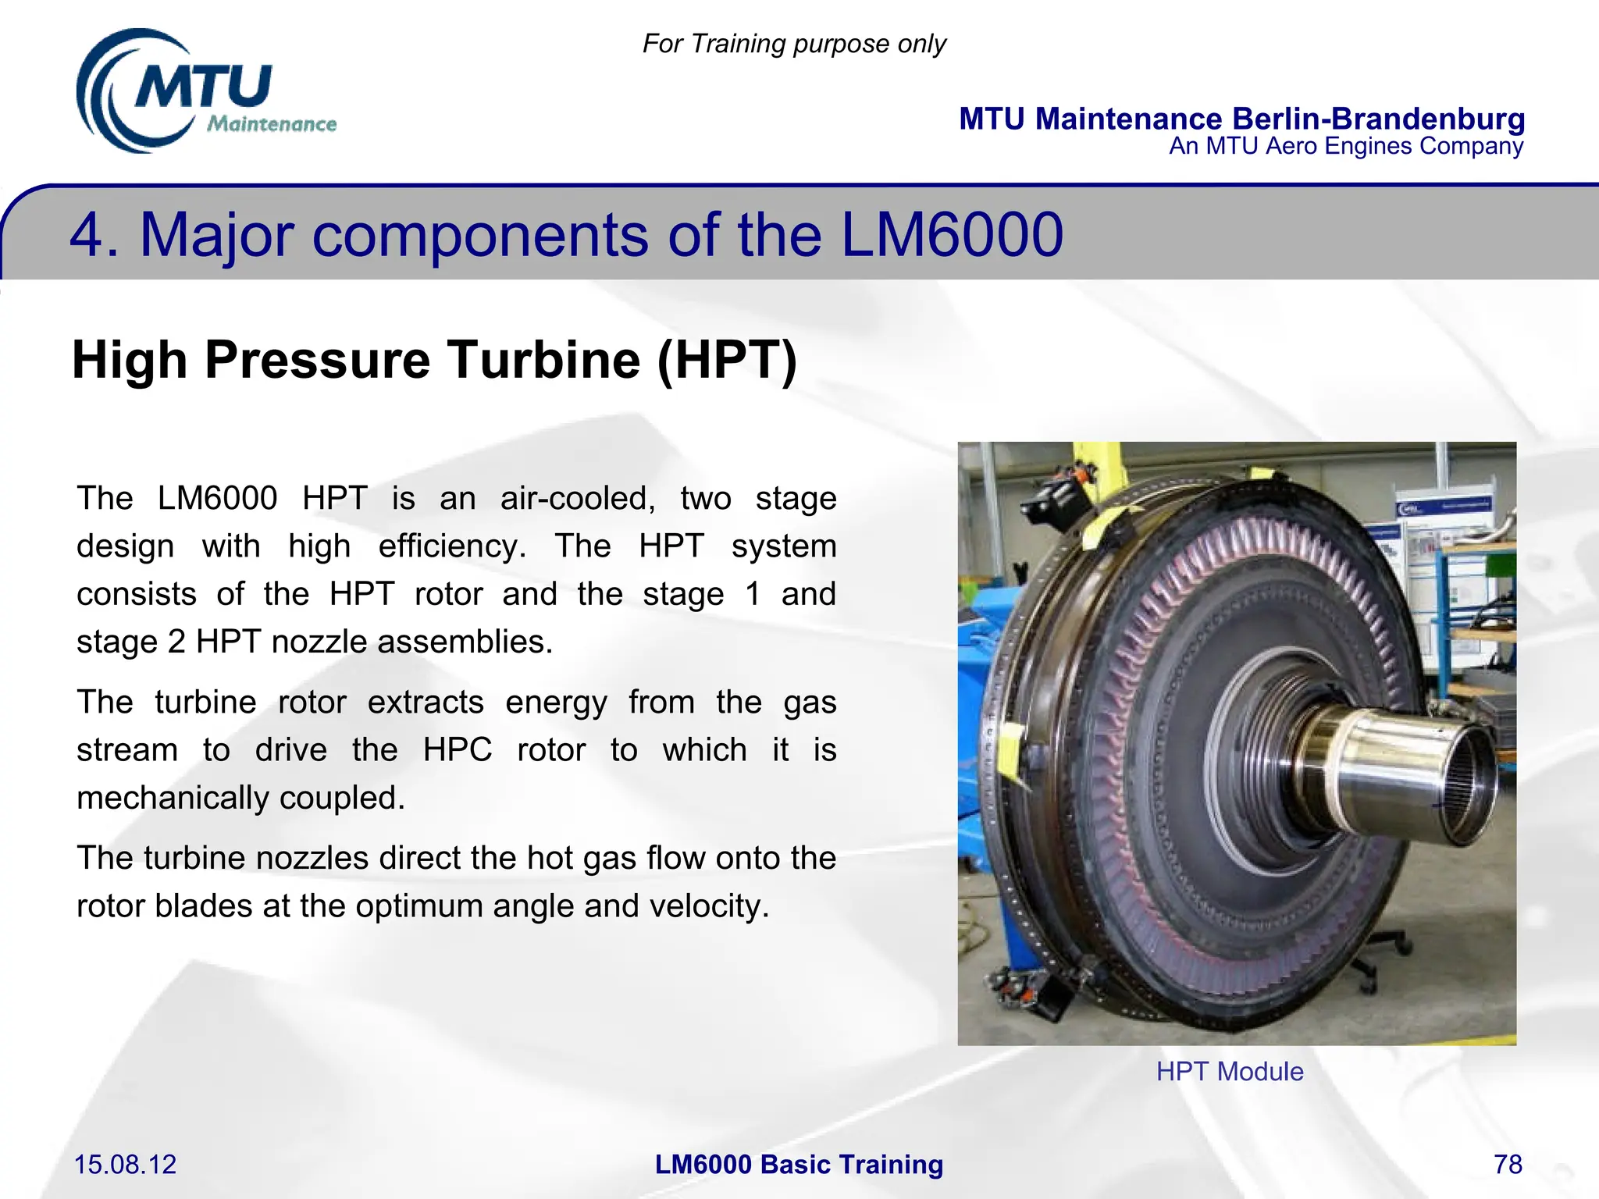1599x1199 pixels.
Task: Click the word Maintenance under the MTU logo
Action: [x=272, y=124]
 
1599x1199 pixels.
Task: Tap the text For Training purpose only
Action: [x=794, y=44]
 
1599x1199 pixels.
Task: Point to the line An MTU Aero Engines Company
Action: [x=1345, y=147]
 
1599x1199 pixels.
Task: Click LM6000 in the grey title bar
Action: [x=952, y=235]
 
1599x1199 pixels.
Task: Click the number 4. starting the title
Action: [x=94, y=235]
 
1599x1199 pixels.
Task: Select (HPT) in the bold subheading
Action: [x=727, y=360]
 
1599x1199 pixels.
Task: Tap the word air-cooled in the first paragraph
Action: [x=578, y=498]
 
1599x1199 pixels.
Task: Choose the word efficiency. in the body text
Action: [x=452, y=546]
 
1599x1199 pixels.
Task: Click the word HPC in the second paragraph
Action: [x=457, y=750]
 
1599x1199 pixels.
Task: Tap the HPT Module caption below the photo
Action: [x=1230, y=1072]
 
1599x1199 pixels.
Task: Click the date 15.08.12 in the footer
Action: [x=125, y=1165]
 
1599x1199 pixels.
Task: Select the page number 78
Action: [x=1508, y=1165]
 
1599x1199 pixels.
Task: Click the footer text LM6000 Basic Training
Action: [x=799, y=1165]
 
